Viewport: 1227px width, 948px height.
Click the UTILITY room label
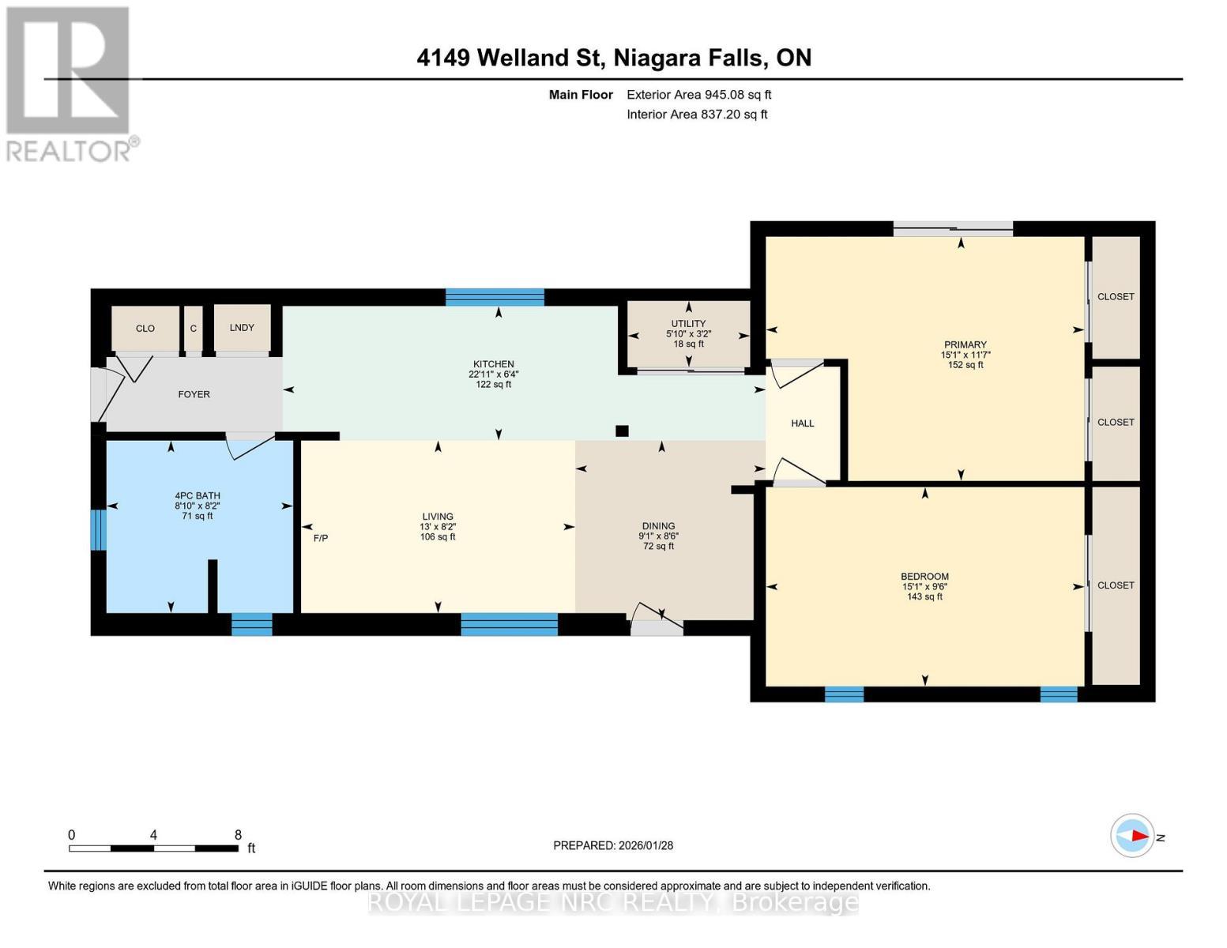[x=688, y=324]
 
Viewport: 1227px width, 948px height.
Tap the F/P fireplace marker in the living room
[x=320, y=538]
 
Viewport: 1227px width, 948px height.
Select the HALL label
[x=802, y=423]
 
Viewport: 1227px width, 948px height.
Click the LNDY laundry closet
[x=242, y=328]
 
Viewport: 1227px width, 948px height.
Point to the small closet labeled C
[x=193, y=329]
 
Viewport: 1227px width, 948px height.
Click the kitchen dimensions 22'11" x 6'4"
[x=493, y=374]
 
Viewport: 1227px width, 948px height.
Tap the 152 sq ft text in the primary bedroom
[x=965, y=365]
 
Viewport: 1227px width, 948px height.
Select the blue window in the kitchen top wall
[x=495, y=298]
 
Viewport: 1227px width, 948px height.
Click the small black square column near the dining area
[x=622, y=431]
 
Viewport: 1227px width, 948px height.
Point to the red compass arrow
[x=1138, y=836]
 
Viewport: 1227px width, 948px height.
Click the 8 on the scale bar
[x=238, y=835]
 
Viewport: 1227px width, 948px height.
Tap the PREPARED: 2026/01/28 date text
[x=613, y=845]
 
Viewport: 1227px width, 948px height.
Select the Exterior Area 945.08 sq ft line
[x=698, y=95]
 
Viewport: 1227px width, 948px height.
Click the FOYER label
[x=194, y=394]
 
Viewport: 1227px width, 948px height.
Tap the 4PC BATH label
[x=198, y=496]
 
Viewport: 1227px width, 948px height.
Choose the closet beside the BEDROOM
[x=1116, y=585]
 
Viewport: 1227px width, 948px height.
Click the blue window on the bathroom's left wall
[x=98, y=529]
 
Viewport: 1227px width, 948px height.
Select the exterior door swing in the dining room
[x=657, y=618]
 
